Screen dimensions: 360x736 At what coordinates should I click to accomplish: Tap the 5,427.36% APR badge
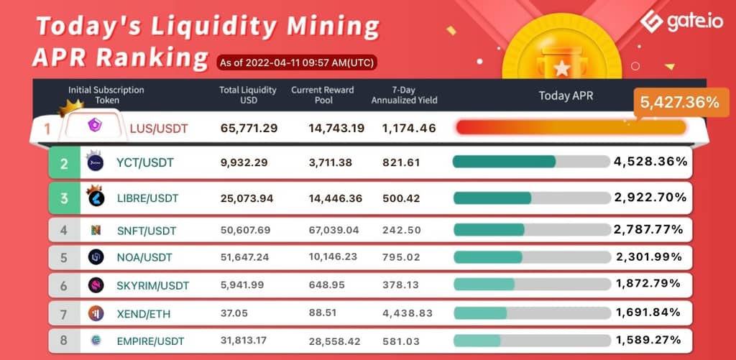[678, 103]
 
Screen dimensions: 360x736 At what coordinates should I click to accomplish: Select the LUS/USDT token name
[158, 129]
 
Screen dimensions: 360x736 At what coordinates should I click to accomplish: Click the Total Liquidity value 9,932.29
[244, 163]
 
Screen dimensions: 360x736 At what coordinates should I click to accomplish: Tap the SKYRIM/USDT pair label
[152, 286]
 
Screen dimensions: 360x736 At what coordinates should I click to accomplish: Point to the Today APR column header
[566, 95]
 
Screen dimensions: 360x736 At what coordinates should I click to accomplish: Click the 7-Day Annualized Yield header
[404, 95]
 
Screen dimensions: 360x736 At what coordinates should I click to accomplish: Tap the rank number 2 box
[64, 164]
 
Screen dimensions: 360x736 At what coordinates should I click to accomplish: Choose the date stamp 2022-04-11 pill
[296, 62]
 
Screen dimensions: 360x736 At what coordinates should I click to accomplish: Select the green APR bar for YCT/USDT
[504, 162]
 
